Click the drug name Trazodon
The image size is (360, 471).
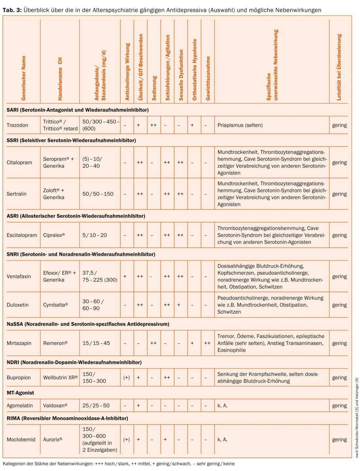pyautogui.click(x=17, y=125)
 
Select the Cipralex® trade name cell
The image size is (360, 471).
pyautogui.click(x=54, y=235)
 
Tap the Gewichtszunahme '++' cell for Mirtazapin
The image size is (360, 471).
pyautogui.click(x=207, y=343)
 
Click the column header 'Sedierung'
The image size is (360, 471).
pyautogui.click(x=154, y=88)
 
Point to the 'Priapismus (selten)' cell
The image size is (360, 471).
pyautogui.click(x=240, y=125)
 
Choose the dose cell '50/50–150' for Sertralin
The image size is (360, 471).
pyautogui.click(x=98, y=194)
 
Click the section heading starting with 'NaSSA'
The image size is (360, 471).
pyautogui.click(x=88, y=324)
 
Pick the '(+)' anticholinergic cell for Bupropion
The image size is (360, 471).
pyautogui.click(x=126, y=377)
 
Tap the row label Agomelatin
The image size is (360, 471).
pyautogui.click(x=20, y=405)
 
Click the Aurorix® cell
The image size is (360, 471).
pyautogui.click(x=53, y=440)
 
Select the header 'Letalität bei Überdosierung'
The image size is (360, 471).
pyautogui.click(x=339, y=67)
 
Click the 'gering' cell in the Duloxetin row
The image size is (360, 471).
pyautogui.click(x=339, y=305)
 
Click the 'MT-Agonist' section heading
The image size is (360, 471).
pyautogui.click(x=20, y=393)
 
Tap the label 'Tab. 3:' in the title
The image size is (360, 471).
pyautogui.click(x=12, y=10)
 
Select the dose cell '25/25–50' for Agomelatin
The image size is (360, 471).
pyautogui.click(x=96, y=405)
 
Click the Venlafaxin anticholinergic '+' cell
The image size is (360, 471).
pyautogui.click(x=125, y=276)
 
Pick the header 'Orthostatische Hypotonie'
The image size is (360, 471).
pyautogui.click(x=194, y=70)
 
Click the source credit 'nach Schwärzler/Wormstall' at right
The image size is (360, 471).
pyautogui.click(x=357, y=418)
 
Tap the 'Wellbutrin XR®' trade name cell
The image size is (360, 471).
pyautogui.click(x=60, y=377)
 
